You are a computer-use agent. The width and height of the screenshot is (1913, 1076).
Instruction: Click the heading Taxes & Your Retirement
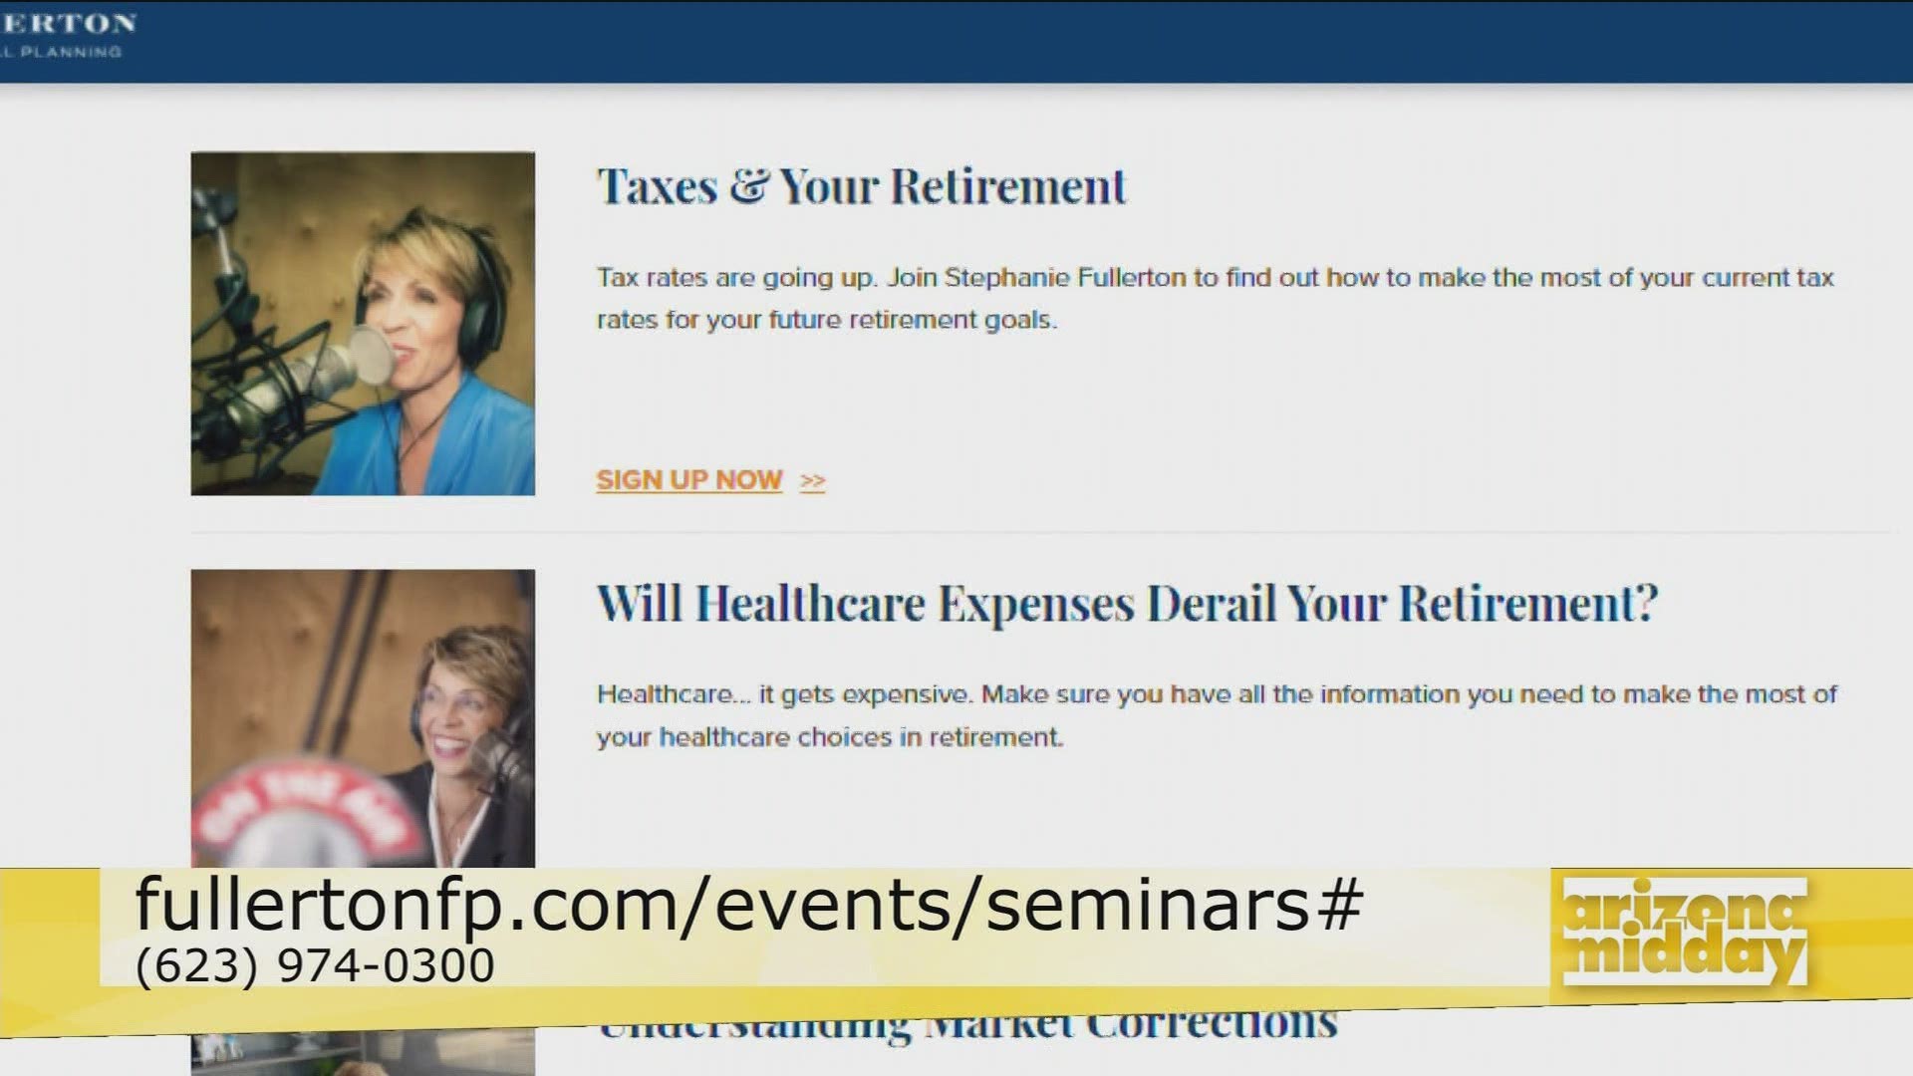pyautogui.click(x=861, y=187)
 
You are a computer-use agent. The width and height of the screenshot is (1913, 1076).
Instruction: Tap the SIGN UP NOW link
pyautogui.click(x=688, y=480)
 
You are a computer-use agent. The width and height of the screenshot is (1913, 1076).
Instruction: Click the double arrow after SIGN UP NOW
pyautogui.click(x=813, y=481)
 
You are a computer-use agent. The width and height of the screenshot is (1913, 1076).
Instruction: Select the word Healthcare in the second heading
pyautogui.click(x=810, y=605)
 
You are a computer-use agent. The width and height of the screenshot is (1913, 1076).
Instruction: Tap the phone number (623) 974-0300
pyautogui.click(x=315, y=965)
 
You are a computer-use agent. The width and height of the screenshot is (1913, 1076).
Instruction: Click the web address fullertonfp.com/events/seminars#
pyautogui.click(x=747, y=905)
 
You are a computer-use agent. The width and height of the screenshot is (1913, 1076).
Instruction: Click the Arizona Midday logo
pyautogui.click(x=1684, y=932)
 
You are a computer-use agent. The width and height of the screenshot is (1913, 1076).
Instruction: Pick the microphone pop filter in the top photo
pyautogui.click(x=371, y=356)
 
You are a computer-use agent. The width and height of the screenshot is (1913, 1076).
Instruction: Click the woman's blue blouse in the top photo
pyautogui.click(x=458, y=438)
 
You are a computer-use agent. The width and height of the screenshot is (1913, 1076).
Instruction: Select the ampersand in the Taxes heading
pyautogui.click(x=747, y=187)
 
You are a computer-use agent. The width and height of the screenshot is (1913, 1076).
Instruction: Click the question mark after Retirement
pyautogui.click(x=1646, y=605)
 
